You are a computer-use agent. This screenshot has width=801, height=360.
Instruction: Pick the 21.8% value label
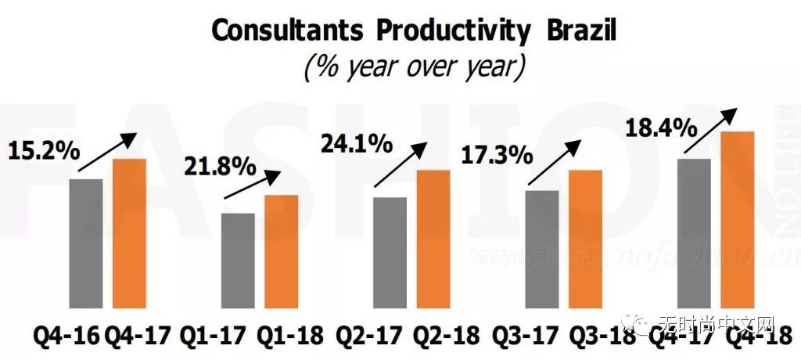click(220, 166)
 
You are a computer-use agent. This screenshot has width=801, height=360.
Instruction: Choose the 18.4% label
click(654, 126)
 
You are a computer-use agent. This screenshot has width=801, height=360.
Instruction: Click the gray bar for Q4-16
click(86, 243)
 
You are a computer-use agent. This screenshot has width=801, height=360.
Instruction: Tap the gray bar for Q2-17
click(390, 252)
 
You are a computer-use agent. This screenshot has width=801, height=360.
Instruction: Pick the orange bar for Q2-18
click(433, 238)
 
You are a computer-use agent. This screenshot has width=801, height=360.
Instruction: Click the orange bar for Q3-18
click(585, 238)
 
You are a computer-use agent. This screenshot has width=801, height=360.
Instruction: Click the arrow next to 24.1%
click(400, 164)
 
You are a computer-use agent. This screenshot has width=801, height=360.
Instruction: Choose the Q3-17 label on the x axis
click(521, 337)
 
